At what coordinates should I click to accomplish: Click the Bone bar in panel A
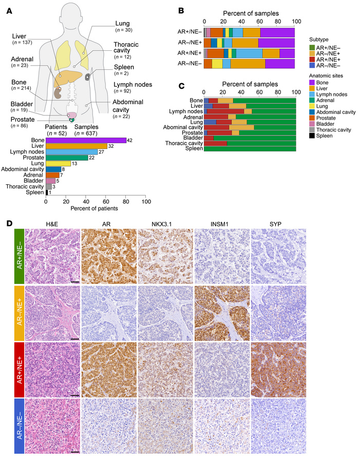tap(86, 140)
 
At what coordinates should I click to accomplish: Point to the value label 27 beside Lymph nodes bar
tap(101, 152)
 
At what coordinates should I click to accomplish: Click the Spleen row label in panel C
tap(193, 148)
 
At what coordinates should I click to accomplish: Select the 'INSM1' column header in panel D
tap(221, 224)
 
